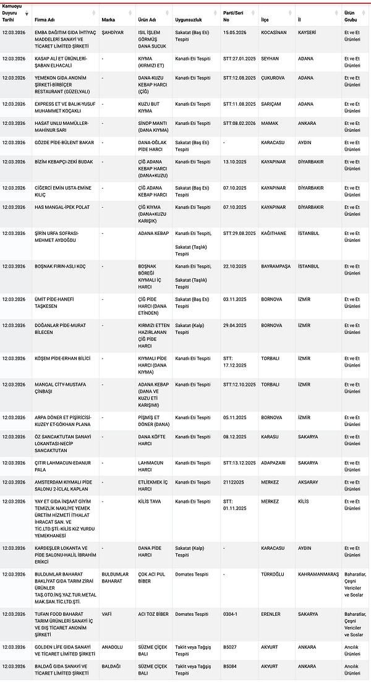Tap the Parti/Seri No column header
[x=233, y=15]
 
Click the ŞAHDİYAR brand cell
[x=113, y=32]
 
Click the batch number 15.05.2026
[x=234, y=32]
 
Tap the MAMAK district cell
[x=269, y=123]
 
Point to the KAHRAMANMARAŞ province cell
[x=317, y=574]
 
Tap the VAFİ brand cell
[x=106, y=614]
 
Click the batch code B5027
[x=231, y=647]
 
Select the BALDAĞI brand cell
[x=111, y=666]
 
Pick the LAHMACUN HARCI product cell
[x=151, y=466]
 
